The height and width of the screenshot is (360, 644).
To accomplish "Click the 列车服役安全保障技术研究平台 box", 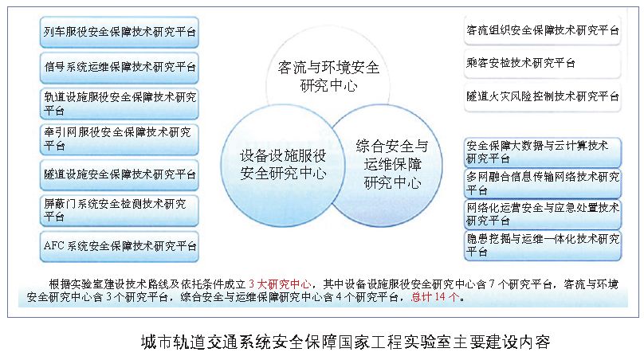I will pyautogui.click(x=120, y=33).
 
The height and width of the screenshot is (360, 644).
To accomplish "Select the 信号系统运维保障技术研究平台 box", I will pyautogui.click(x=120, y=68).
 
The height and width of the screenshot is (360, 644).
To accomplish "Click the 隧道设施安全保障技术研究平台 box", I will pyautogui.click(x=120, y=174).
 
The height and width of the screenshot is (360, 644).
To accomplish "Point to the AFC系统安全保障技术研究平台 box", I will pyautogui.click(x=120, y=245).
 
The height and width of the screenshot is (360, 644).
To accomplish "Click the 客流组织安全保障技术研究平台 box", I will pyautogui.click(x=542, y=29).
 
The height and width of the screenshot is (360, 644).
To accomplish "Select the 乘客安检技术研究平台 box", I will pyautogui.click(x=542, y=62).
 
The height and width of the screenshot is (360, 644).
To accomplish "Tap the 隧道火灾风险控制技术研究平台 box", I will pyautogui.click(x=542, y=96).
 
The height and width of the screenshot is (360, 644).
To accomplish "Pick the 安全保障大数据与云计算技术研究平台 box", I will pyautogui.click(x=542, y=151).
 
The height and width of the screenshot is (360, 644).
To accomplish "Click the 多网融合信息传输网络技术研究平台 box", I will pyautogui.click(x=542, y=183).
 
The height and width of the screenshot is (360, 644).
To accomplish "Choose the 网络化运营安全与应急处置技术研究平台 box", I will pyautogui.click(x=542, y=213).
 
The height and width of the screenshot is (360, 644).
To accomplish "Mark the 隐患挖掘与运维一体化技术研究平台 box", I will pyautogui.click(x=542, y=245).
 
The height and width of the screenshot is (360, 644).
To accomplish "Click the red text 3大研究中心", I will pyautogui.click(x=281, y=284).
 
